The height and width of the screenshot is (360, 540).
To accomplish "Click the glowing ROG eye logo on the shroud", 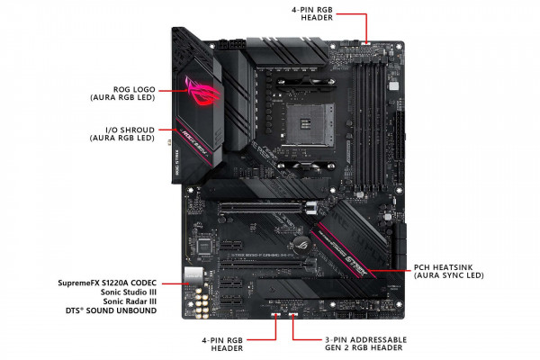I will point(200,89).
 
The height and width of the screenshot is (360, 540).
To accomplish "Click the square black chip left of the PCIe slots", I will point(206,244).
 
